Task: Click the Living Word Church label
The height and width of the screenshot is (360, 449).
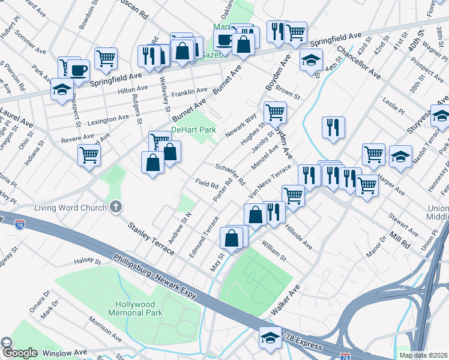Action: pyautogui.click(x=65, y=208)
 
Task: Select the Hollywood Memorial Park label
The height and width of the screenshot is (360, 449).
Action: pyautogui.click(x=136, y=308)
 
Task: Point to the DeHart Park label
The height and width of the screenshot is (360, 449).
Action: pyautogui.click(x=193, y=130)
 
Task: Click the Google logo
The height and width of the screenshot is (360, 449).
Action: pyautogui.click(x=19, y=353)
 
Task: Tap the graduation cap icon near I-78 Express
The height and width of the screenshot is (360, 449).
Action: pyautogui.click(x=270, y=338)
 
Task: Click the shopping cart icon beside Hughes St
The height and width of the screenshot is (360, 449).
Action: pyautogui.click(x=275, y=112)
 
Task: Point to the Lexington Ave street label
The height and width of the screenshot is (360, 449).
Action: pyautogui.click(x=108, y=119)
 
